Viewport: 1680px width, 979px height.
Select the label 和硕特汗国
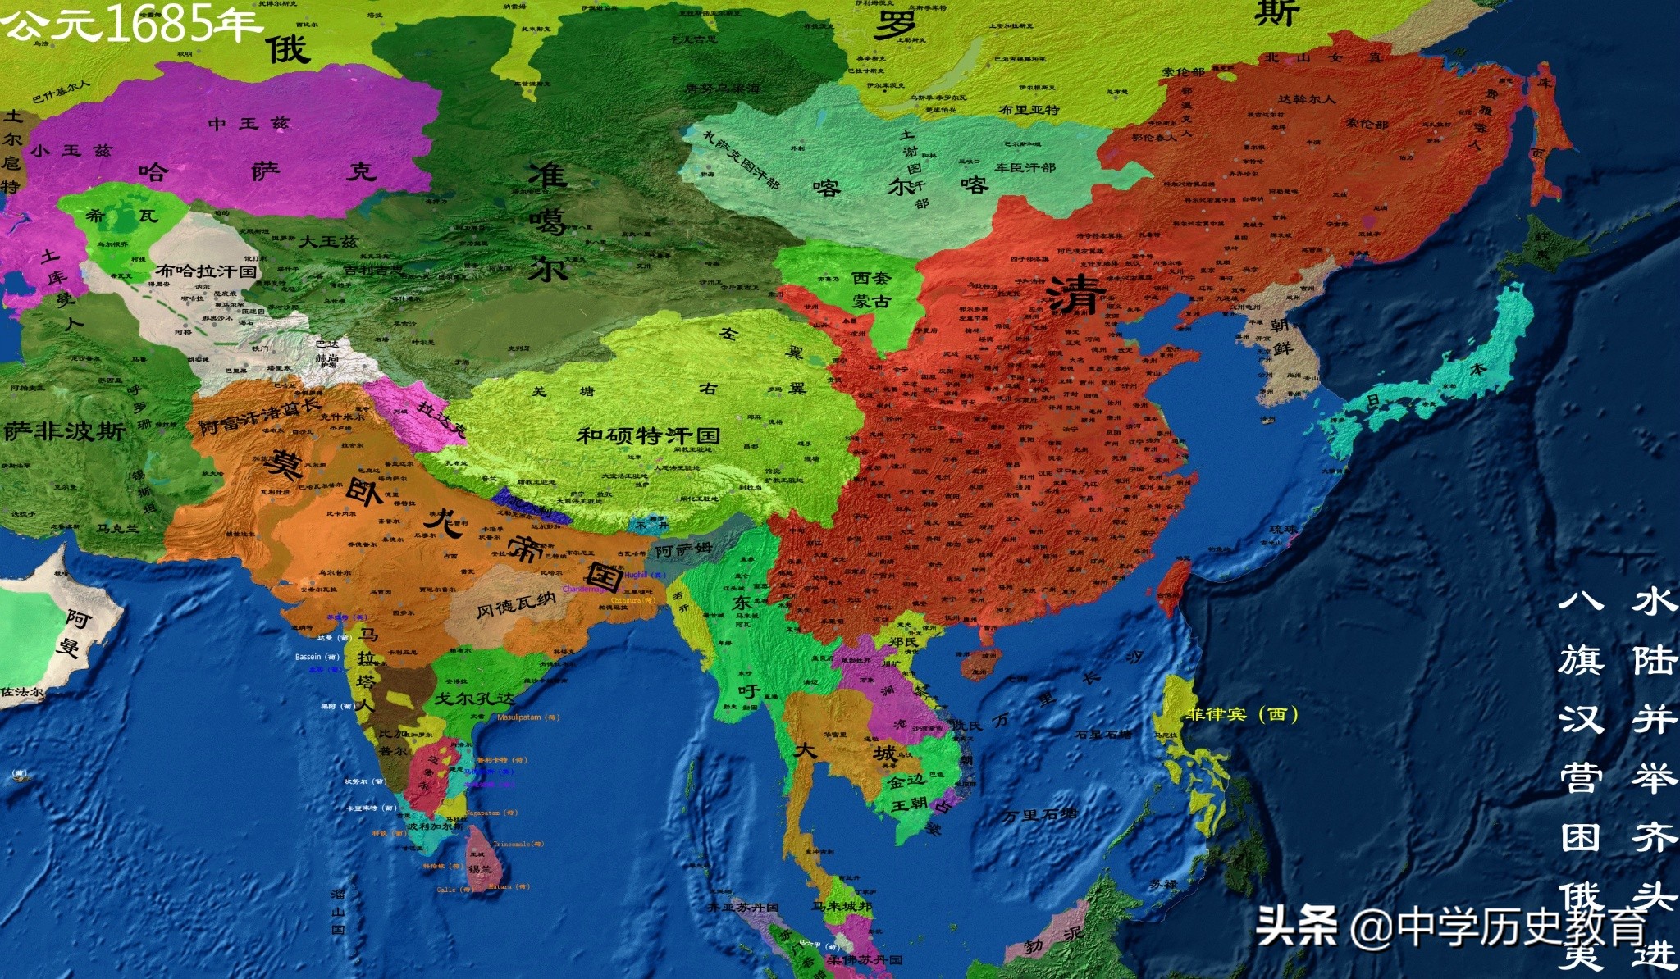(648, 435)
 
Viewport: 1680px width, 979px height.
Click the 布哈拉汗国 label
(206, 271)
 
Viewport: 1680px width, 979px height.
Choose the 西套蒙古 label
(870, 290)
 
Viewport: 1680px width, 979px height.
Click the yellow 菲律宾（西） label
(1241, 714)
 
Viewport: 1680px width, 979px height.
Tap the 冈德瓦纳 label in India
(516, 604)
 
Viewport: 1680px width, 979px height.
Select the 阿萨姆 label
(683, 550)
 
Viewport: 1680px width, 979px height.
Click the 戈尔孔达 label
(474, 699)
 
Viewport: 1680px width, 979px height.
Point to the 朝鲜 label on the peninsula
(1280, 336)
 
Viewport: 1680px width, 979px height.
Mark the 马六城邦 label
(841, 906)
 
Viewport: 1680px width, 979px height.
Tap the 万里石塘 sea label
(1039, 815)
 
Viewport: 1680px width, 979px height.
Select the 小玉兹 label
(71, 151)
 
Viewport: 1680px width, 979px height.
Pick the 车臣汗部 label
(1025, 167)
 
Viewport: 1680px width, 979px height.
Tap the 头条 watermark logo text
(1295, 926)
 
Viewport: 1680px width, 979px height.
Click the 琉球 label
(1284, 530)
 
